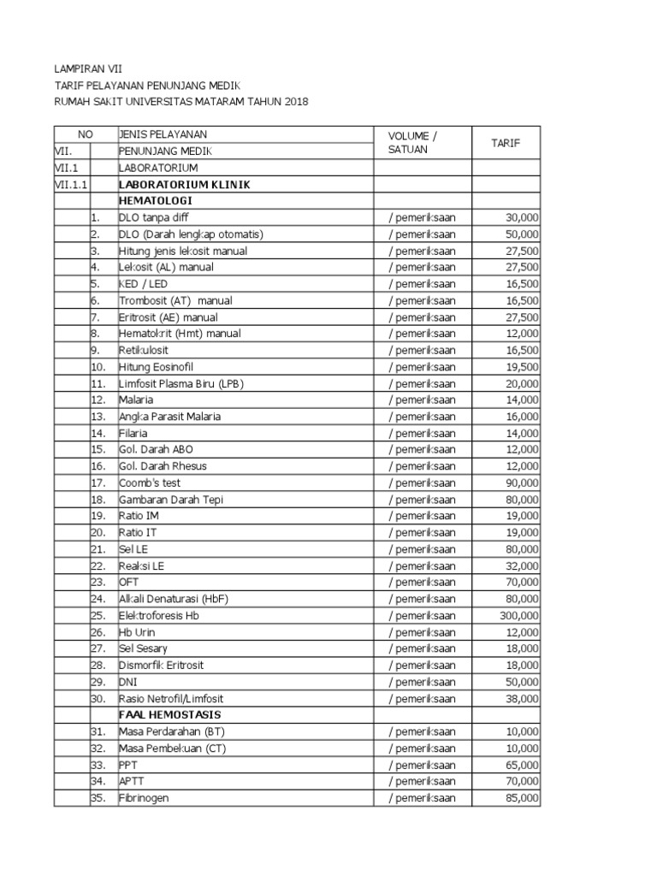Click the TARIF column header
pos(505,143)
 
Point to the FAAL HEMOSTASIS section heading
pos(169,714)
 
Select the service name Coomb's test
pos(150,482)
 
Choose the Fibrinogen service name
pos(144,797)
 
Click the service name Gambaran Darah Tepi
pos(170,500)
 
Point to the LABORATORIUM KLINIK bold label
pos(185,184)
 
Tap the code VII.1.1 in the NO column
pos(70,184)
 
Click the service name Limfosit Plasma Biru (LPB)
pos(181,383)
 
